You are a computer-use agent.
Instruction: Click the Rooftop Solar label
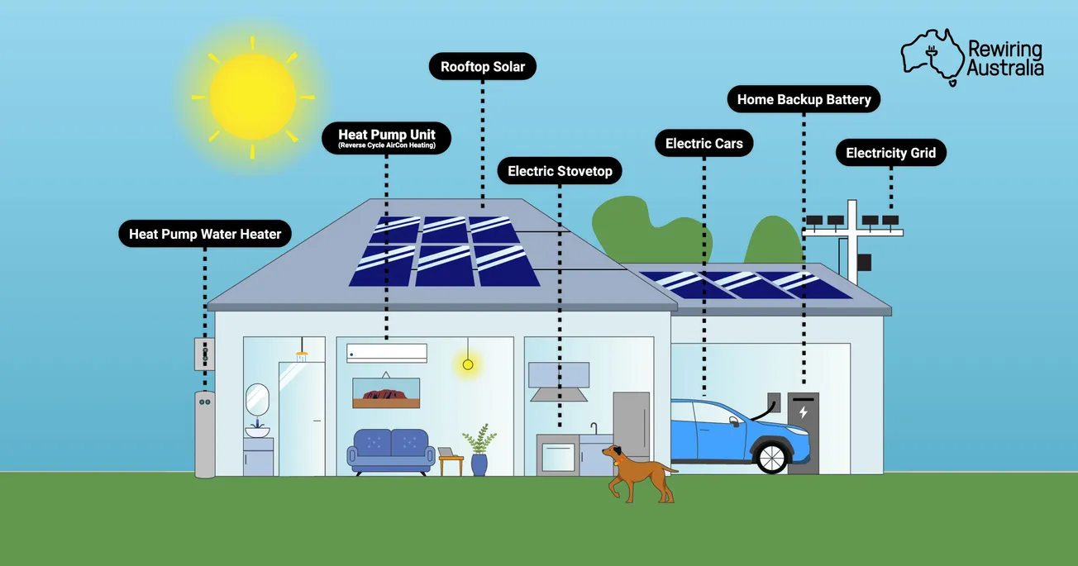(483, 67)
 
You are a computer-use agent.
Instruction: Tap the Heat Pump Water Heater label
(205, 234)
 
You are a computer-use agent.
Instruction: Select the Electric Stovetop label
(560, 171)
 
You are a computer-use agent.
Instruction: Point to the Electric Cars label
(704, 144)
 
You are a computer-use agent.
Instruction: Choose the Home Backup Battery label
(804, 100)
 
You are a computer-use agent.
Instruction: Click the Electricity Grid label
(890, 154)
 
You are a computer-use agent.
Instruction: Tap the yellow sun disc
(252, 97)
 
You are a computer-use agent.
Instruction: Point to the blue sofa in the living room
(391, 449)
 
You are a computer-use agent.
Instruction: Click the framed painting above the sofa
(386, 392)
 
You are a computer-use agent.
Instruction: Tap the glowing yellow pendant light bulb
(468, 364)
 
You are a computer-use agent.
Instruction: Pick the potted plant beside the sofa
(479, 449)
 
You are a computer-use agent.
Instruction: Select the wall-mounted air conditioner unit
(387, 353)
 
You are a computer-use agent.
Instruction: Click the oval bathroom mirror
(257, 399)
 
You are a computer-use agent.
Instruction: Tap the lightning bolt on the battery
(803, 412)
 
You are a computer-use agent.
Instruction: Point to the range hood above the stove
(559, 383)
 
